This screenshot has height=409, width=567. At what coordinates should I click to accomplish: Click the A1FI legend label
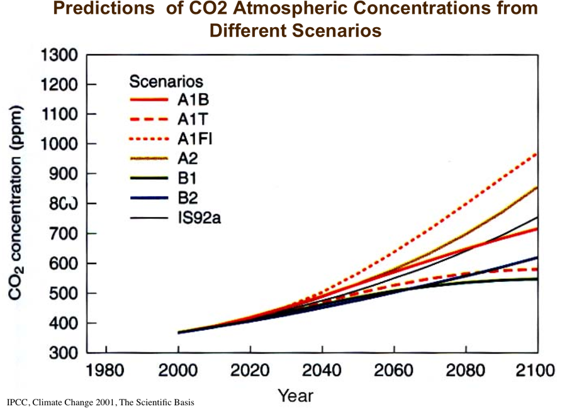pyautogui.click(x=195, y=140)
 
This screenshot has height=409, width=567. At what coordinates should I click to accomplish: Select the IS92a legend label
pyautogui.click(x=200, y=218)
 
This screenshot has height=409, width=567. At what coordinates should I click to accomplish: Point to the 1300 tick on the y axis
pyautogui.click(x=60, y=55)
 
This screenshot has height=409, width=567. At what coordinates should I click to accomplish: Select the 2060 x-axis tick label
pyautogui.click(x=394, y=370)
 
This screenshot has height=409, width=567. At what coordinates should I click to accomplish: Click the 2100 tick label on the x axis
pyautogui.click(x=537, y=370)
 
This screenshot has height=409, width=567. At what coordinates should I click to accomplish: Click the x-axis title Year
pyautogui.click(x=296, y=396)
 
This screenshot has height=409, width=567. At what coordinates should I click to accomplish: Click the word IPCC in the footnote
pyautogui.click(x=18, y=402)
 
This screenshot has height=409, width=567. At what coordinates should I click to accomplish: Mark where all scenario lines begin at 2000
pyautogui.click(x=179, y=332)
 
